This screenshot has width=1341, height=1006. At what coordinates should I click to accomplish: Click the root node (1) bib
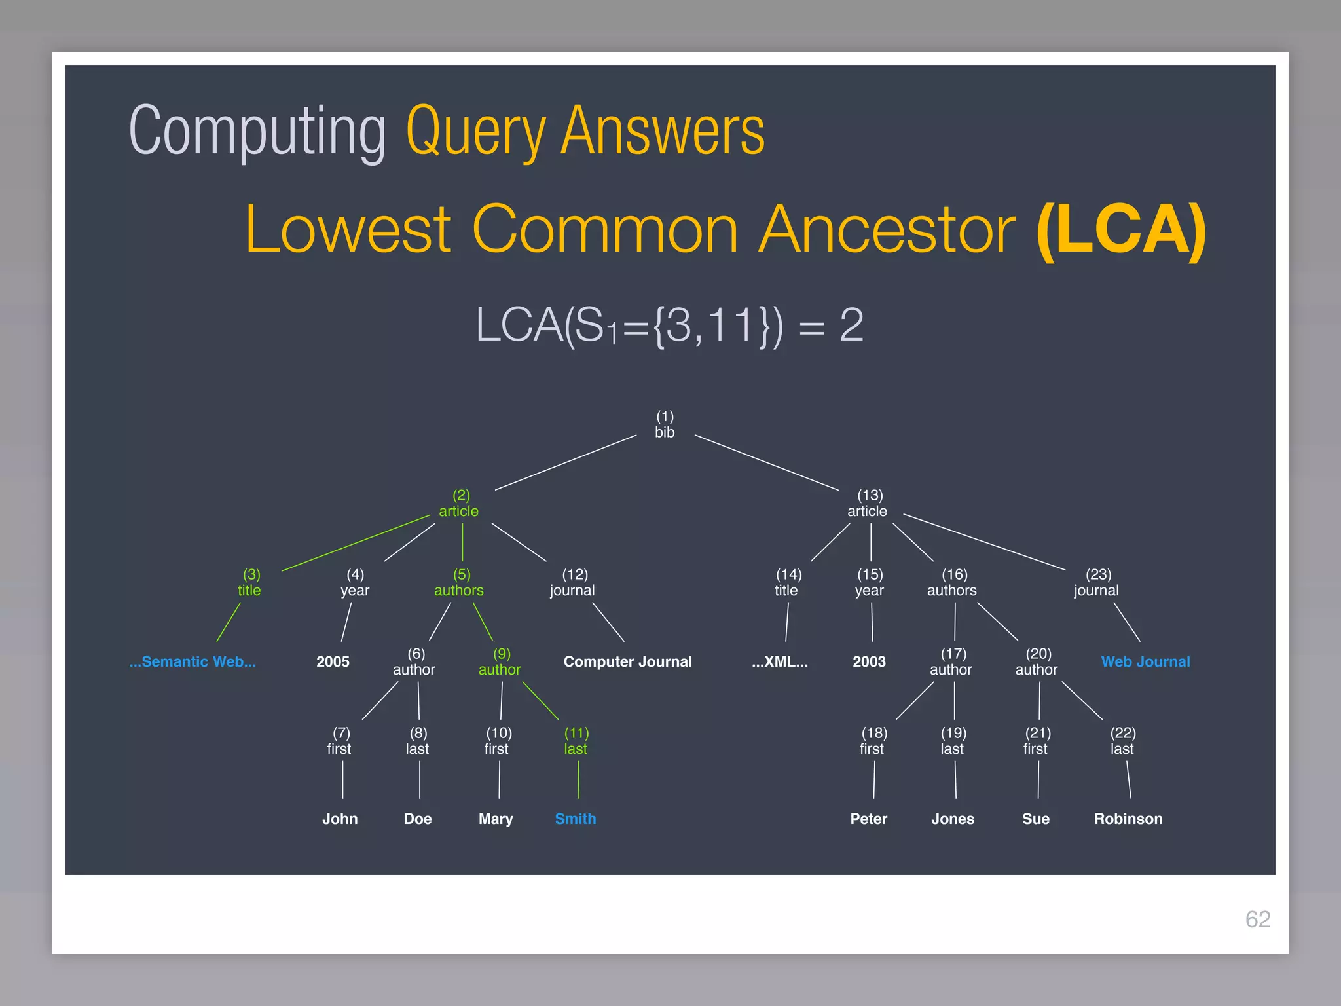point(665,424)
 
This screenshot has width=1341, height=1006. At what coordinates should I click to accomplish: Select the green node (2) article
point(459,503)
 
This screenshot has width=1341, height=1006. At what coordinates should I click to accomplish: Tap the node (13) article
point(868,503)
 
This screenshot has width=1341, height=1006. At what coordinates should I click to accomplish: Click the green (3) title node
point(250,582)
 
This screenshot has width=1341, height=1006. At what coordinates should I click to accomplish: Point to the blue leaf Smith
point(576,819)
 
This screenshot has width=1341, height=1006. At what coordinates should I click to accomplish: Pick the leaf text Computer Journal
point(627,661)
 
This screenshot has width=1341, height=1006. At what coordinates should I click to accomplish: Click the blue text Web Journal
point(1145,661)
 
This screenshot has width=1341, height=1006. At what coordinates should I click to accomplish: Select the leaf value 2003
point(869,661)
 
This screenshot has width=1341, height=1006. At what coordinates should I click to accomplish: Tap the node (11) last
point(576,741)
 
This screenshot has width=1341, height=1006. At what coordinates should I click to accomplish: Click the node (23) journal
point(1097,582)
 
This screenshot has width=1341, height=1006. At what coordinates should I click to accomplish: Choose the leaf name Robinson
point(1128,819)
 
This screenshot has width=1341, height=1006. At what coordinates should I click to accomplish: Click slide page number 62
point(1257,919)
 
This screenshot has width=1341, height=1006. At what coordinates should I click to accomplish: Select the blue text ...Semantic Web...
point(193,661)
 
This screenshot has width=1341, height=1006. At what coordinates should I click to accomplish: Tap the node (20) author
point(1037,661)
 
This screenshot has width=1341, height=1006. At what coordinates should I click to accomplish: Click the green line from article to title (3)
point(356,544)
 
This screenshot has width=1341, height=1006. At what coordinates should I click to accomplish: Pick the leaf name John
point(340,819)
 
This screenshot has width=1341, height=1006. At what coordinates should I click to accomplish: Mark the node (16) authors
point(952,582)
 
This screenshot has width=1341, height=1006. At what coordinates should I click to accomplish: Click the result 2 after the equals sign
point(851,325)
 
